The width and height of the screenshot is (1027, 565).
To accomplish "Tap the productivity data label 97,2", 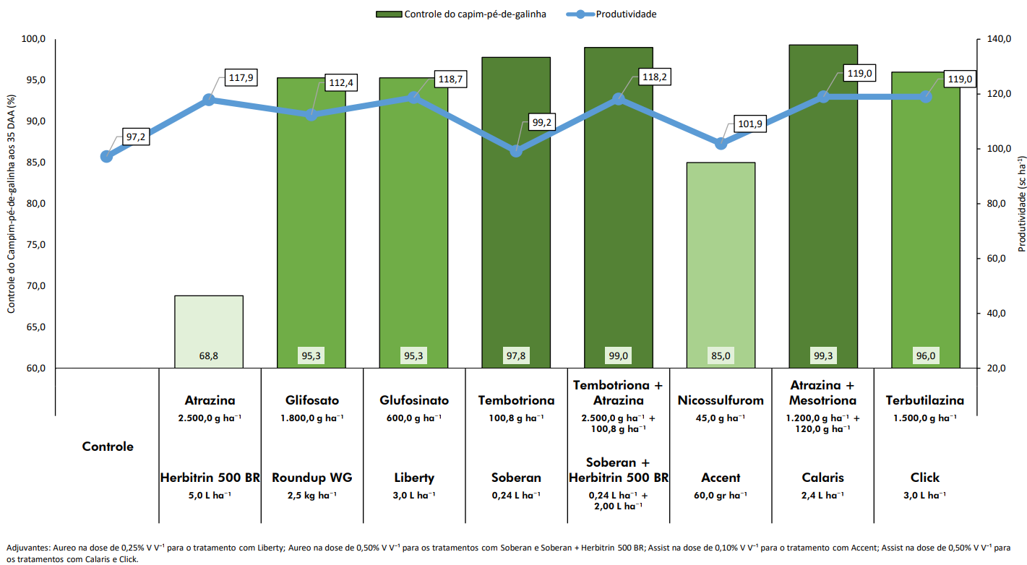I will (x=135, y=137).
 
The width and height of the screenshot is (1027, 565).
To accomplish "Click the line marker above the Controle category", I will (x=107, y=156).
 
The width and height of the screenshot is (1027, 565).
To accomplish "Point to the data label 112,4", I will (x=340, y=83).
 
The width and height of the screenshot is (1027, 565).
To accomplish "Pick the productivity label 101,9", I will (x=749, y=124).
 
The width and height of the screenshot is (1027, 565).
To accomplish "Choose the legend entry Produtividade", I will (x=626, y=14).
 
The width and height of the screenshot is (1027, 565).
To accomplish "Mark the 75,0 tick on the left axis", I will (x=35, y=245).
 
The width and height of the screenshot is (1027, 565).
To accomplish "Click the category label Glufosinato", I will (x=414, y=400).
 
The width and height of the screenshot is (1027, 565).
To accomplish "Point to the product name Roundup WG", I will (x=311, y=478).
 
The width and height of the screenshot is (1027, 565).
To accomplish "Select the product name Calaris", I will (x=822, y=478).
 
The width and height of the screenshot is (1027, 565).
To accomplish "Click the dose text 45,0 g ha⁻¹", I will (x=721, y=418).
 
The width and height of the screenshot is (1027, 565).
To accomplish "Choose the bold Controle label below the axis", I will (x=108, y=447).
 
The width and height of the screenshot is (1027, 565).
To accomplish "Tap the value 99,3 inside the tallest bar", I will (x=823, y=355).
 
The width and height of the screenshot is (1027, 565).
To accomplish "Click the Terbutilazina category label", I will (x=925, y=400).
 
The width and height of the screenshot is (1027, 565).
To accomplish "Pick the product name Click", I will (x=925, y=478).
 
